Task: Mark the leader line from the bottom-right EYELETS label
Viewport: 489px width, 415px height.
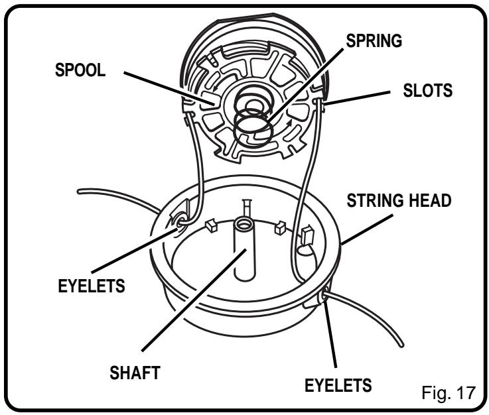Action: click(x=330, y=338)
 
